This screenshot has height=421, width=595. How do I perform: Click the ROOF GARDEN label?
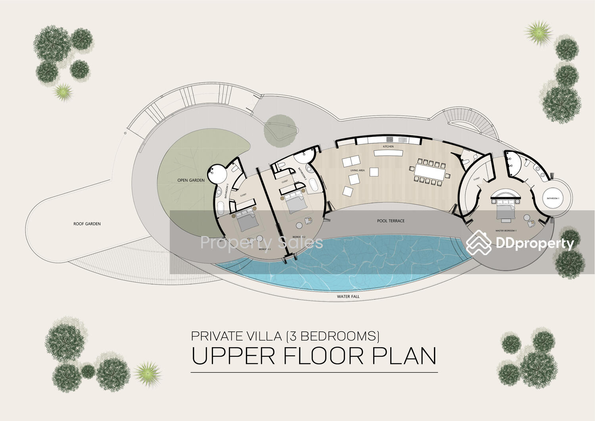[x=87, y=224]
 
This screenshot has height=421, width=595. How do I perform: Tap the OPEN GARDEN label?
[x=191, y=180]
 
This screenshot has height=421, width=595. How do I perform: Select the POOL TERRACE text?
[x=391, y=221]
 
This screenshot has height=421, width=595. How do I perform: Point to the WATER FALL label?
[x=348, y=296]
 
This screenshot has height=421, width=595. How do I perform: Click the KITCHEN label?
[x=388, y=146]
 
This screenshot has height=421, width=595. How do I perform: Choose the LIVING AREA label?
[x=357, y=170]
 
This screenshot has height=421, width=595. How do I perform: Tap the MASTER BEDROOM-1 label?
[x=506, y=231]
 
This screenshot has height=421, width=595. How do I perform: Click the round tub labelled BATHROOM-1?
[x=553, y=198]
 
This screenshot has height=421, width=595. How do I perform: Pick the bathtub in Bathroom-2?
[x=314, y=185]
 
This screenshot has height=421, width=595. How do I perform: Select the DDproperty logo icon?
[x=478, y=242]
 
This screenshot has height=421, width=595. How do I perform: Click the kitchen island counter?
[x=388, y=153]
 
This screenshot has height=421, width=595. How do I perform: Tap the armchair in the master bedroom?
[x=531, y=223]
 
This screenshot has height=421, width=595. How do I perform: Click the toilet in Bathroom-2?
[x=282, y=165]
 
